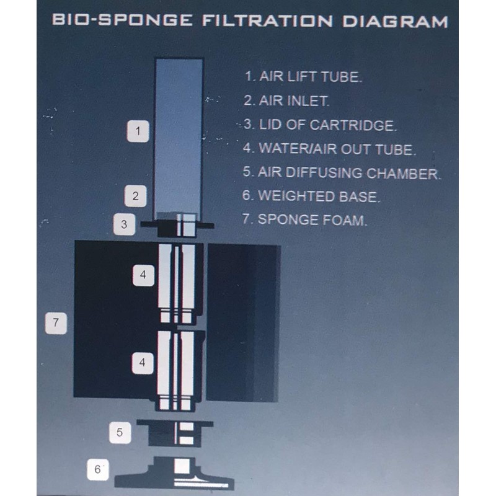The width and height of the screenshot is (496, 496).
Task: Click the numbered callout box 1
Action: click(138, 131)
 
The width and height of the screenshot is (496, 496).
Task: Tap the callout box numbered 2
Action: click(135, 197)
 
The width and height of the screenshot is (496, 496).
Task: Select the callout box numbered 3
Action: click(124, 224)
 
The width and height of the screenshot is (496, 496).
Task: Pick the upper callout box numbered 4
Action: click(143, 275)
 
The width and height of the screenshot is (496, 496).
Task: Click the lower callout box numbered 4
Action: click(143, 363)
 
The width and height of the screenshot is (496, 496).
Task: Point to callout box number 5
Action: click(120, 433)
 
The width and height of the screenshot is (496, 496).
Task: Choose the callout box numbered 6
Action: click(97, 469)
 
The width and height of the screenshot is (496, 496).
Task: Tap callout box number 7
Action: click(56, 322)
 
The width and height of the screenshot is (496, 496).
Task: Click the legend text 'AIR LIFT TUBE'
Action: click(303, 77)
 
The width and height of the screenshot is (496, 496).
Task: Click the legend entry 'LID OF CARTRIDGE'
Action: click(319, 125)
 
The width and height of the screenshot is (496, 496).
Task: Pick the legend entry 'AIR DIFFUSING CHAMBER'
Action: click(342, 174)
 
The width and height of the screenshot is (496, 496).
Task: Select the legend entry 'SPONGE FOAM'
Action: click(304, 219)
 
